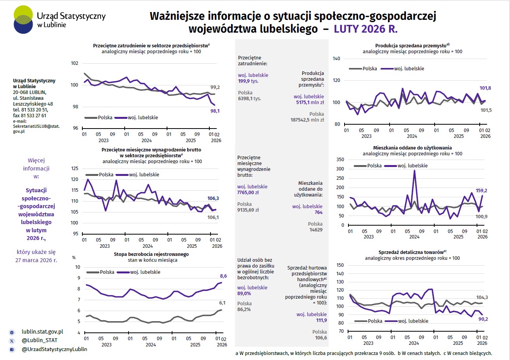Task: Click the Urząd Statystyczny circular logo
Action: pyautogui.click(x=23, y=20)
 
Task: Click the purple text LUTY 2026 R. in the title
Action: pyautogui.click(x=366, y=29)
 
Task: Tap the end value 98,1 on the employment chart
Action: pyautogui.click(x=215, y=111)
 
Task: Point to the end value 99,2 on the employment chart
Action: pyautogui.click(x=215, y=87)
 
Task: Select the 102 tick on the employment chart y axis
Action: pyautogui.click(x=74, y=63)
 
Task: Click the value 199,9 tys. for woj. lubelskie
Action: pyautogui.click(x=248, y=81)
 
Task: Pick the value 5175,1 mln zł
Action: pyautogui.click(x=310, y=103)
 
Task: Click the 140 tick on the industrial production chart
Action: pyautogui.click(x=336, y=59)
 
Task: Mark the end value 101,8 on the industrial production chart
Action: pyautogui.click(x=485, y=88)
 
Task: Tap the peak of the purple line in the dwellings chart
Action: pyautogui.click(x=414, y=171)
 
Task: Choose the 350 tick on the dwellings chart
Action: pyautogui.click(x=340, y=160)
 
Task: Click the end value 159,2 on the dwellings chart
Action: pyautogui.click(x=481, y=191)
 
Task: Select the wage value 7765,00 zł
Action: pyautogui.click(x=248, y=193)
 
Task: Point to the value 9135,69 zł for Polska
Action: pyautogui.click(x=248, y=210)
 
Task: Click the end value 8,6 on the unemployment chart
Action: pyautogui.click(x=223, y=276)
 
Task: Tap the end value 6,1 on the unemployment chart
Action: pyautogui.click(x=222, y=303)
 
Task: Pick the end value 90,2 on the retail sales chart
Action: pyautogui.click(x=483, y=319)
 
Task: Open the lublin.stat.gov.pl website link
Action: pyautogui.click(x=42, y=332)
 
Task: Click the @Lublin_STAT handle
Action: pyautogui.click(x=40, y=340)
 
